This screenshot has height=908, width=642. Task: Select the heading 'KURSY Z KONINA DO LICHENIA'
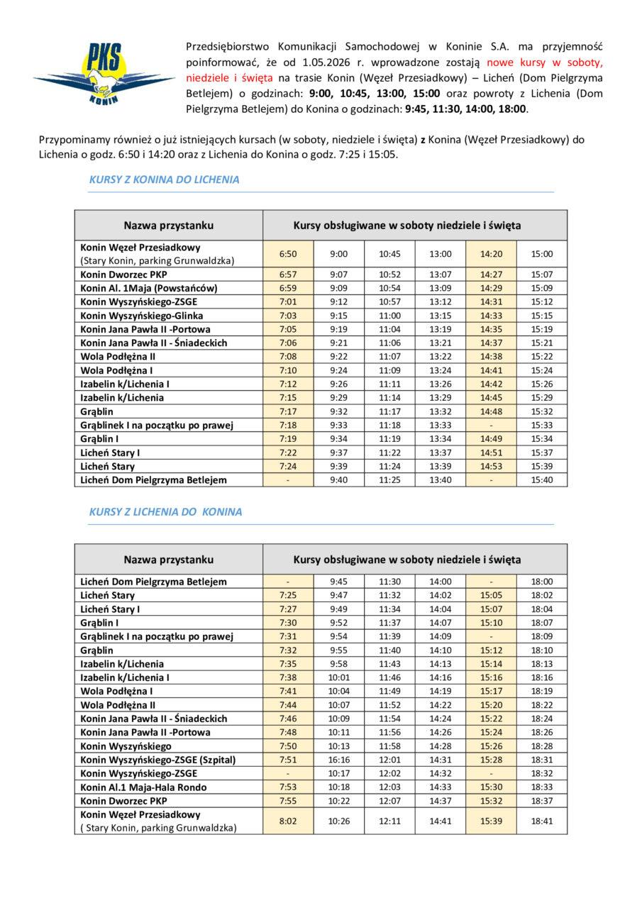tap(164, 180)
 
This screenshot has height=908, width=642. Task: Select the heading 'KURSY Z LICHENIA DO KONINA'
tap(165, 511)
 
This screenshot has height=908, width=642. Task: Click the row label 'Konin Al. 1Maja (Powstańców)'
tap(149, 288)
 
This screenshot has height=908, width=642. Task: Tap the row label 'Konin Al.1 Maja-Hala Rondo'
tap(144, 787)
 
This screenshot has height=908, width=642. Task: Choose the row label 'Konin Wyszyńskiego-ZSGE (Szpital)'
tap(157, 760)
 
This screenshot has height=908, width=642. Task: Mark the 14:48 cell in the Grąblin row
tap(491, 411)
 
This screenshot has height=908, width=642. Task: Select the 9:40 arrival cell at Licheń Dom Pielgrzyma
tap(339, 480)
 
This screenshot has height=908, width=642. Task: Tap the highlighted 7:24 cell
tap(287, 467)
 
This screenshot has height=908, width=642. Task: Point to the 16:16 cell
tap(339, 760)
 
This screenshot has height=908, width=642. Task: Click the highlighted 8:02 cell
tap(287, 821)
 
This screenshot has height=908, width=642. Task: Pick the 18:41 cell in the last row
tap(541, 821)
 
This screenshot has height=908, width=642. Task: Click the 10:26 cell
tap(339, 821)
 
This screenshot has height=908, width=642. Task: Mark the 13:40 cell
tap(440, 480)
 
